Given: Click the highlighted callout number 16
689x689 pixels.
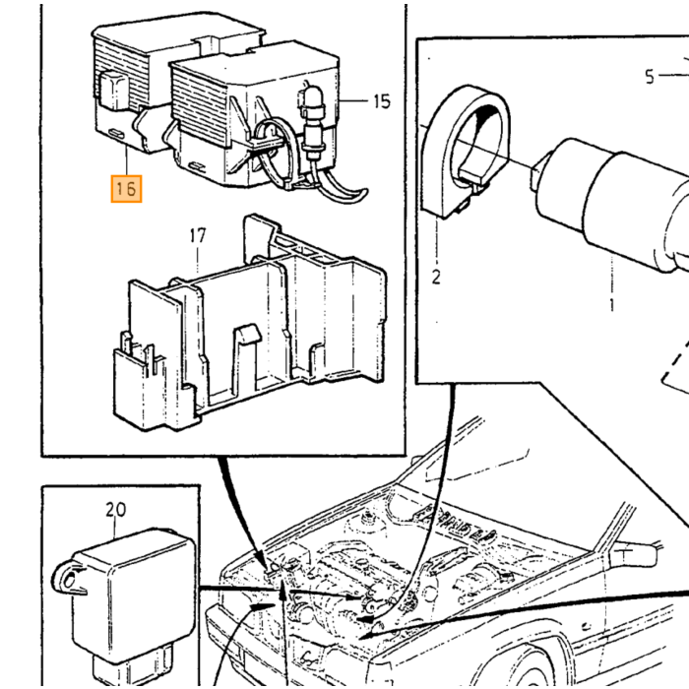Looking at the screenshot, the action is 126,189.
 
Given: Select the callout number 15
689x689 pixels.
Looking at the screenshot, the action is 382,101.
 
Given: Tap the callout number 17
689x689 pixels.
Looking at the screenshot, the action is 198,236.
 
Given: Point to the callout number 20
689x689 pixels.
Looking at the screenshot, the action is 115,510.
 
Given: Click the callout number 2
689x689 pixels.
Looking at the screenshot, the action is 435,278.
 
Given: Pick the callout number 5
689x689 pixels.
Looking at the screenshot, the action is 650,77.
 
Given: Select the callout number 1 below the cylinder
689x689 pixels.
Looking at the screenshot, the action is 612,304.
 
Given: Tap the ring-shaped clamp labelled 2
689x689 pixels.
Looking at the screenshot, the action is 466,150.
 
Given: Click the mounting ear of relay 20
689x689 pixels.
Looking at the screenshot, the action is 67,577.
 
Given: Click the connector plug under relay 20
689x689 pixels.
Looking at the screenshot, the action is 132,666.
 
